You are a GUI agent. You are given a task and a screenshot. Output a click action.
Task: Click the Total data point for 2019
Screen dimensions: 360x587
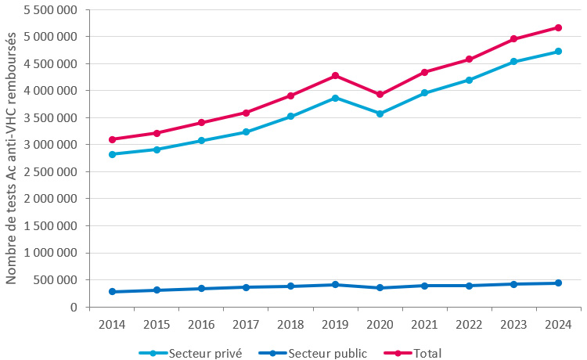pos(335,75)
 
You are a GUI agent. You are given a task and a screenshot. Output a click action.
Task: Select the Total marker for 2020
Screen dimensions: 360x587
pos(380,94)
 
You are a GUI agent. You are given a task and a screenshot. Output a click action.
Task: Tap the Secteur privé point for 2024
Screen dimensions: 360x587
pos(558,52)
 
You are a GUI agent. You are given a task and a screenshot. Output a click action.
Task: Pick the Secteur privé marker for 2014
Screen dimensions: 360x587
pos(112,154)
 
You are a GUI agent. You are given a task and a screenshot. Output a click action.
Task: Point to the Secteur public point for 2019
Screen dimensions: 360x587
pos(335,284)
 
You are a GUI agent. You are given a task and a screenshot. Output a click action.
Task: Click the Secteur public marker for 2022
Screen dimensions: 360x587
pos(469,286)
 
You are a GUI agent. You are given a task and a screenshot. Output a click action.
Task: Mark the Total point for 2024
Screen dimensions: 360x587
pos(558,27)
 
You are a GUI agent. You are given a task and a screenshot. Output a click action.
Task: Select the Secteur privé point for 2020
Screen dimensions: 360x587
pos(380,113)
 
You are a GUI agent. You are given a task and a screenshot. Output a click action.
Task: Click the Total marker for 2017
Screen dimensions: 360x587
pos(246,113)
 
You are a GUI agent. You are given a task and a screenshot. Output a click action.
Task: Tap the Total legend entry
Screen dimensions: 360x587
pos(421,353)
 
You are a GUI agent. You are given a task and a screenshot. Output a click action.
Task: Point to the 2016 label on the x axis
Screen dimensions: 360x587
pos(201,324)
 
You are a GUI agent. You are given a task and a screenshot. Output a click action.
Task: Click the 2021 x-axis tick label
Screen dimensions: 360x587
pos(424,324)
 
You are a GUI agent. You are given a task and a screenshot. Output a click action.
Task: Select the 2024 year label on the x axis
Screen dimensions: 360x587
pos(558,324)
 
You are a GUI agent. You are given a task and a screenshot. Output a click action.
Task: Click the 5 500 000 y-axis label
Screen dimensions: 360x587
pos(50,10)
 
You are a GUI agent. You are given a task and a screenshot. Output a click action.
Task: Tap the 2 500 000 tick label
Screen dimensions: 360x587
pos(50,172)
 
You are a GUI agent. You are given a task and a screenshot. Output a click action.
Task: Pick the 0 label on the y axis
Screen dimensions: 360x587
pos(74,308)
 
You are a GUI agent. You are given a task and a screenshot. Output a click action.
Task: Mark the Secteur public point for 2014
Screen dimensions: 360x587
pos(112,291)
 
